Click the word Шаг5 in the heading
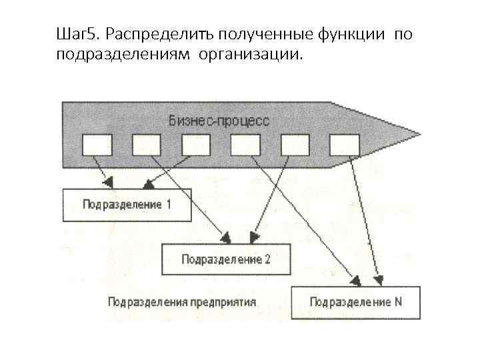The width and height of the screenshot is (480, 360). pos(77,33)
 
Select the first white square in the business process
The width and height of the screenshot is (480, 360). pos(97,144)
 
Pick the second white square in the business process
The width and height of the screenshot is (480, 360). pos(147,144)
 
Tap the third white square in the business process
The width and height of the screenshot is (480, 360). pos(196,144)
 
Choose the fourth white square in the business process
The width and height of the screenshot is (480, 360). pos(245,144)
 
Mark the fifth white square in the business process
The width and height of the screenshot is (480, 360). pos(295,144)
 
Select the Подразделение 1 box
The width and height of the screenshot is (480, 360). pos(127,205)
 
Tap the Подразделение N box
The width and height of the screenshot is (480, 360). pos(356,302)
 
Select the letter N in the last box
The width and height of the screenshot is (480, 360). pos(398,302)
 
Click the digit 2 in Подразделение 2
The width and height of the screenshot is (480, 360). pos(267,259)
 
